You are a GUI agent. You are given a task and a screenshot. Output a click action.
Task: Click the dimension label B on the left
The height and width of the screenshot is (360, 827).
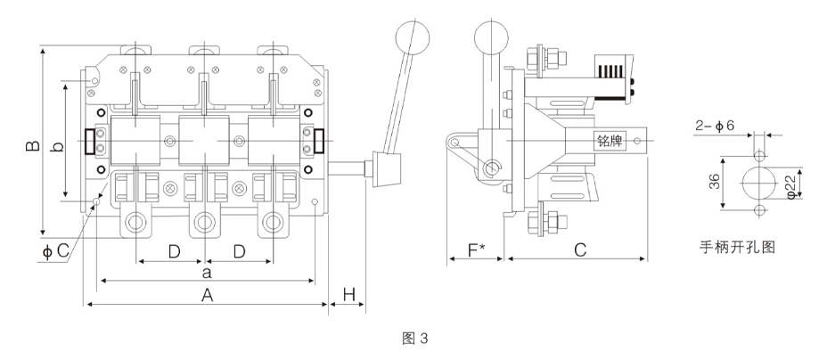(33, 145)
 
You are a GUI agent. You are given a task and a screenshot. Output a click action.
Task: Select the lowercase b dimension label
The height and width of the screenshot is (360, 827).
(59, 146)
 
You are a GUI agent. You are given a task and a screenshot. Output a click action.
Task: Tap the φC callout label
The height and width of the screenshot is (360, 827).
(55, 251)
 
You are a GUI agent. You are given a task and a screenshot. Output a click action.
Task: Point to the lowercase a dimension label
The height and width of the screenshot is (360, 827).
(207, 273)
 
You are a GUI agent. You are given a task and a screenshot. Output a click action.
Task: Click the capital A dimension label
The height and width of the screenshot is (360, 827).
(208, 296)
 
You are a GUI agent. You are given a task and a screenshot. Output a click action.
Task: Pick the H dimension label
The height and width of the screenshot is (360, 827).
(349, 295)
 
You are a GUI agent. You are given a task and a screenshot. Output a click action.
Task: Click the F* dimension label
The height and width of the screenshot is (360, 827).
(476, 250)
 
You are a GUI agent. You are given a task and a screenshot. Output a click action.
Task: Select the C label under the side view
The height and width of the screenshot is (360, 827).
(580, 250)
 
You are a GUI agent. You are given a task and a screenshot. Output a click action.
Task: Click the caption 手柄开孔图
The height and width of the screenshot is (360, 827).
(737, 247)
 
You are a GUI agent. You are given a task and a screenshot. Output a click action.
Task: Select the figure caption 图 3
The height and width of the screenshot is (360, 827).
(415, 339)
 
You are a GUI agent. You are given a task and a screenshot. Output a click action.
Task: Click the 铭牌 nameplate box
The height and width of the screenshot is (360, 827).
(610, 141)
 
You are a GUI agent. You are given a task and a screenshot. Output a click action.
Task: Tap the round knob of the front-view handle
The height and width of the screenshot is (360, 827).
(412, 37)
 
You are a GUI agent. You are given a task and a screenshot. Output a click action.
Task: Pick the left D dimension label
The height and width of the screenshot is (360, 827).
(174, 252)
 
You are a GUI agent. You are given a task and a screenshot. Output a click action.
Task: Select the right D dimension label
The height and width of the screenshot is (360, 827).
(240, 252)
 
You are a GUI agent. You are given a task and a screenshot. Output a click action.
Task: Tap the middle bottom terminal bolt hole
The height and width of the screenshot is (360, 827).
(204, 221)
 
